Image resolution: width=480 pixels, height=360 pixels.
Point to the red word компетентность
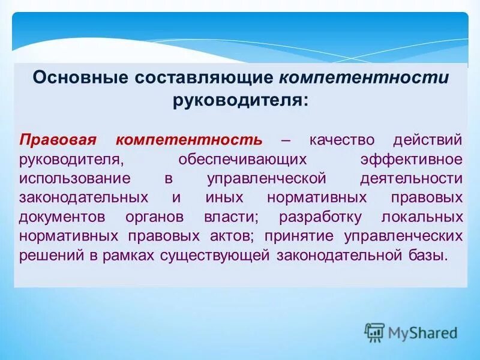click(189, 140)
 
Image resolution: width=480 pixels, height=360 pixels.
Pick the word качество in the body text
click(343, 140)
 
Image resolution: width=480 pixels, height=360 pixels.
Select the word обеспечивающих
click(243, 159)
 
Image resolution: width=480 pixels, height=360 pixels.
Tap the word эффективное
click(412, 159)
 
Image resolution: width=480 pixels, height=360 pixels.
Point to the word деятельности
click(412, 178)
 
